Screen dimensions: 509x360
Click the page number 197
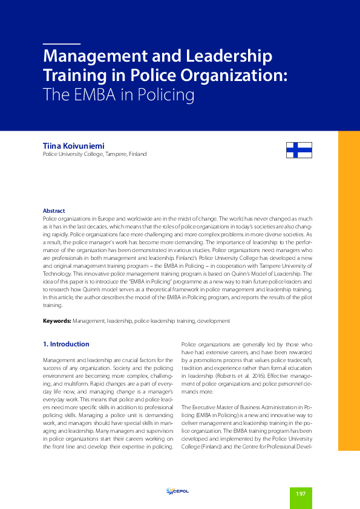click(x=301, y=494)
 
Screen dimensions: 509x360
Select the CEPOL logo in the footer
click(x=177, y=491)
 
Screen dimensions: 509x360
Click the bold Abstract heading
click(x=54, y=210)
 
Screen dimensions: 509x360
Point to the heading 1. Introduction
click(x=67, y=344)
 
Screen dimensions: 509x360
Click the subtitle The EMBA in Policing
click(x=118, y=95)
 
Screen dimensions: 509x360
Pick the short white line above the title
click(x=62, y=44)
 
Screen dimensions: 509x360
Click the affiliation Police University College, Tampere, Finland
click(x=94, y=154)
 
